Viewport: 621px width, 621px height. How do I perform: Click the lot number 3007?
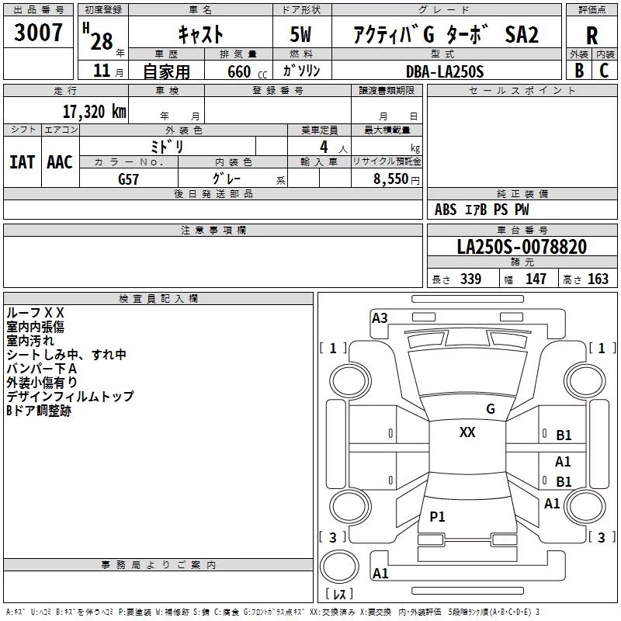click(x=39, y=33)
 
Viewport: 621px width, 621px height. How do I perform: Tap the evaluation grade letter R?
click(x=592, y=35)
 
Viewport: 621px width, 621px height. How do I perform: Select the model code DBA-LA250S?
click(x=444, y=71)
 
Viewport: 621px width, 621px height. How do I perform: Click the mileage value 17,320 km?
click(x=94, y=111)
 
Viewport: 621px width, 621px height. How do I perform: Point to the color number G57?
click(x=130, y=179)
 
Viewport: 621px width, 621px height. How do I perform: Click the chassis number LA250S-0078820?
click(x=522, y=247)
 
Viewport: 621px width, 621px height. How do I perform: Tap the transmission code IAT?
click(x=22, y=162)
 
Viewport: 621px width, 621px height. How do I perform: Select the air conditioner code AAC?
click(x=59, y=162)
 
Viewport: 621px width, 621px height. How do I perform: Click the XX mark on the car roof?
click(x=467, y=432)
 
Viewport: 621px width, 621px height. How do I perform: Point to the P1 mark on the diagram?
click(x=438, y=516)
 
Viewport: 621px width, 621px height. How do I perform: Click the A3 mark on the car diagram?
click(x=380, y=317)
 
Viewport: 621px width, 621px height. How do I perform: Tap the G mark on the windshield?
click(x=490, y=409)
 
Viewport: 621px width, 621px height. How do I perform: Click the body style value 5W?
click(x=303, y=35)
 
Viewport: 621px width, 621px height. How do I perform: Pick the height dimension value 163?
click(x=598, y=279)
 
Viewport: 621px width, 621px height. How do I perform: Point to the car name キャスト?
click(x=200, y=35)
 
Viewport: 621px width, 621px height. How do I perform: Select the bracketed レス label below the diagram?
click(x=338, y=595)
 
